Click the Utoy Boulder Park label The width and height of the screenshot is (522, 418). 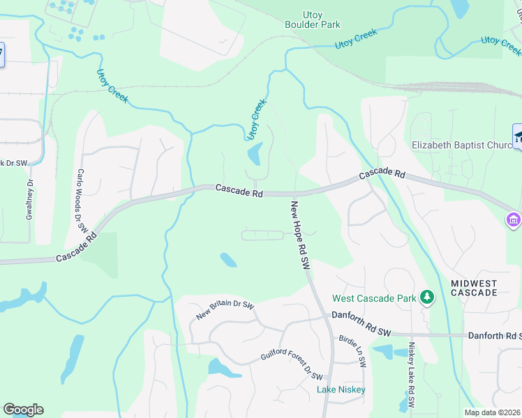coord(312,20)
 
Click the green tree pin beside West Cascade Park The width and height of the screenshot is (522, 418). coord(427,298)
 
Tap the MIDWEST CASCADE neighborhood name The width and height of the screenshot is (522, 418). coord(474,288)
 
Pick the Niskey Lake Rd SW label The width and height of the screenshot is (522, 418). coord(412,375)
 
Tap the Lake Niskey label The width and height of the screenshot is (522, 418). coord(341,389)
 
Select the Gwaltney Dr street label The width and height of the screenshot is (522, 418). coord(29,198)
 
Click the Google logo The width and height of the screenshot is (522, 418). coord(23,410)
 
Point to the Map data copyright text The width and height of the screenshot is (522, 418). coord(493,412)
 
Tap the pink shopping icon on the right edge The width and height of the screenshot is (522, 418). coord(514,219)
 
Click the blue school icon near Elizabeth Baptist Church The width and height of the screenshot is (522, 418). coord(518,136)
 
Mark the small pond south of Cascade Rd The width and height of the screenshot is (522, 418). coord(228,260)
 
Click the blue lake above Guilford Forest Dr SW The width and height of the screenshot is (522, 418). coord(218,367)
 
